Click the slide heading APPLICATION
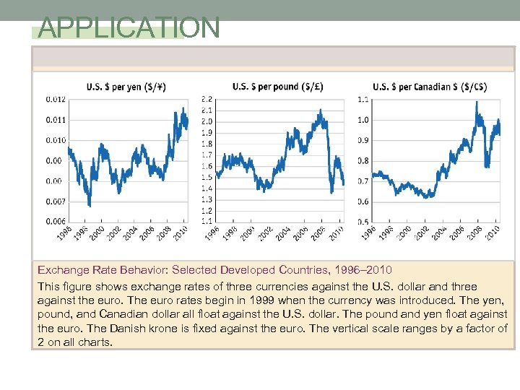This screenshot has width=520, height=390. click(129, 28)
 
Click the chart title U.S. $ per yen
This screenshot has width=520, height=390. click(126, 87)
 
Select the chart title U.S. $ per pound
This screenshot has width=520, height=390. click(277, 87)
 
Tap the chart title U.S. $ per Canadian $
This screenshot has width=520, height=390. click(430, 87)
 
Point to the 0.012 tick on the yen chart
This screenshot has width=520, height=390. click(56, 99)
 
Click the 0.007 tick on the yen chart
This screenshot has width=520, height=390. click(56, 201)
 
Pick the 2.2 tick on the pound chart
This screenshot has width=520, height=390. click(207, 99)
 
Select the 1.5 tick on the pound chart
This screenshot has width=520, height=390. click(207, 177)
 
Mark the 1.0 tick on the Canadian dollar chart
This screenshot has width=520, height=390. click(363, 120)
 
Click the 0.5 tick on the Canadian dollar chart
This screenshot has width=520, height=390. click(363, 222)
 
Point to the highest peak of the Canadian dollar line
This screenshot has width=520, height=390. click(477, 103)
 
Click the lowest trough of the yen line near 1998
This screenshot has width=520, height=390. click(89, 205)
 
